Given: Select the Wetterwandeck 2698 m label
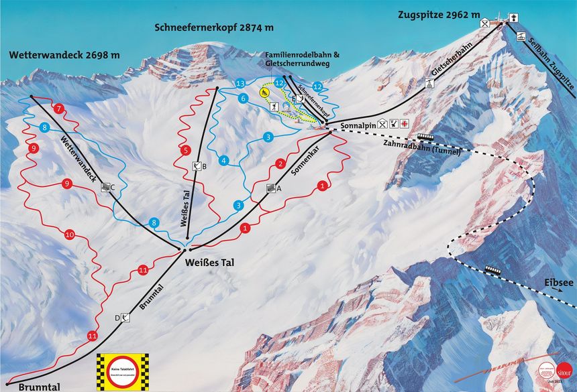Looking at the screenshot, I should click(64, 55).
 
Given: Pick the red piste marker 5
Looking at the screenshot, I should click(186, 151).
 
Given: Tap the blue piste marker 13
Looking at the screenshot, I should click(240, 83).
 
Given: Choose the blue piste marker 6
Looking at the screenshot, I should click(243, 99).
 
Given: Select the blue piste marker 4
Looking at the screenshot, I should click(224, 160).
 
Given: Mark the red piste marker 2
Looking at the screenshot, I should click(281, 164).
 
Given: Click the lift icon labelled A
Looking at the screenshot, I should click(271, 188).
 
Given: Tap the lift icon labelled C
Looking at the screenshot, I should click(105, 188).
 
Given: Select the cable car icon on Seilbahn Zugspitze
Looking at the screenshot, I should click(521, 36).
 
